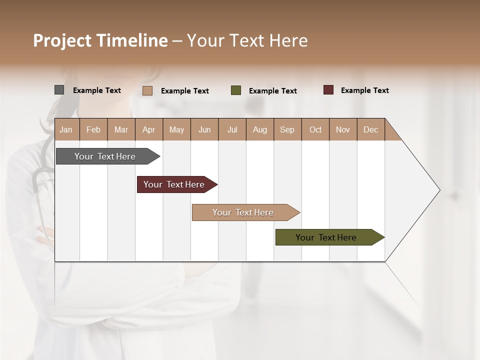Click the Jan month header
(x=66, y=129)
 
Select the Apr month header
(x=148, y=129)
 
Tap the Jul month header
(x=232, y=129)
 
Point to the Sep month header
(x=287, y=129)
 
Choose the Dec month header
(x=370, y=129)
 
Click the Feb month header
(x=93, y=129)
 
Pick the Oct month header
(x=315, y=129)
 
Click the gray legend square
(x=59, y=90)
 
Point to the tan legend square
(x=147, y=90)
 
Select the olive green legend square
(x=236, y=90)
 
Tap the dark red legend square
(x=328, y=90)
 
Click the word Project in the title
(x=62, y=40)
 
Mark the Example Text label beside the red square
(x=364, y=90)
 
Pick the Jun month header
(x=204, y=129)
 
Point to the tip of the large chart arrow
(x=439, y=190)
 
